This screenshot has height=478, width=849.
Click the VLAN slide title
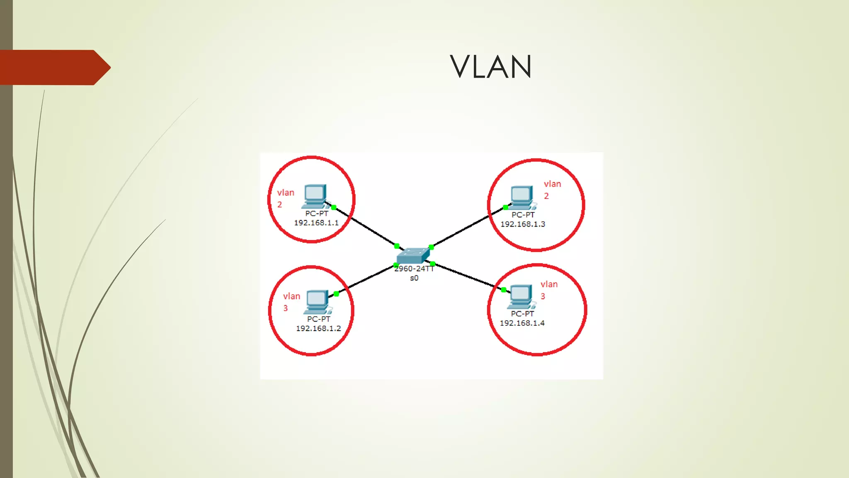[x=491, y=67]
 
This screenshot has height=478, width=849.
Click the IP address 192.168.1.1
[x=316, y=223]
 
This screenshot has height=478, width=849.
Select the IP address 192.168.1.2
[x=318, y=329]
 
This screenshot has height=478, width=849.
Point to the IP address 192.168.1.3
[x=523, y=224]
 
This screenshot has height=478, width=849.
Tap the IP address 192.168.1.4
[x=522, y=323]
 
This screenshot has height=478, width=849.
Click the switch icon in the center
[x=413, y=255]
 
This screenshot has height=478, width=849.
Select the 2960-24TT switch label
[x=414, y=269]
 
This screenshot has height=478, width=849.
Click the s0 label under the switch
[x=414, y=278]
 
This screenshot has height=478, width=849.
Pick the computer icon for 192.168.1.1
[x=315, y=196]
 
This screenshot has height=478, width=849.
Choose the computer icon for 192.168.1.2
[x=317, y=302]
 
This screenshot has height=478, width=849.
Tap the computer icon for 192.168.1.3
[x=522, y=198]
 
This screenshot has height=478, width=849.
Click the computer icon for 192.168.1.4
[x=520, y=296]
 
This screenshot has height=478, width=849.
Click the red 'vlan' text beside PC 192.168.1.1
[x=286, y=193]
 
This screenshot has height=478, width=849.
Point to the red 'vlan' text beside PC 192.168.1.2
[x=291, y=296]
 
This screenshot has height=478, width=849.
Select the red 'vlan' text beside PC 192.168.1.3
[x=552, y=184]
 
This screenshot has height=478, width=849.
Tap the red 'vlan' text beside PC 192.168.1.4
[x=549, y=285]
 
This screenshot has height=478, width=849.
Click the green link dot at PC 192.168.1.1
[x=334, y=207]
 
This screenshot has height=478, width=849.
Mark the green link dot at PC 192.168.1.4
[x=504, y=290]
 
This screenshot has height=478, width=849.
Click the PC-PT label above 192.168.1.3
[x=523, y=215]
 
